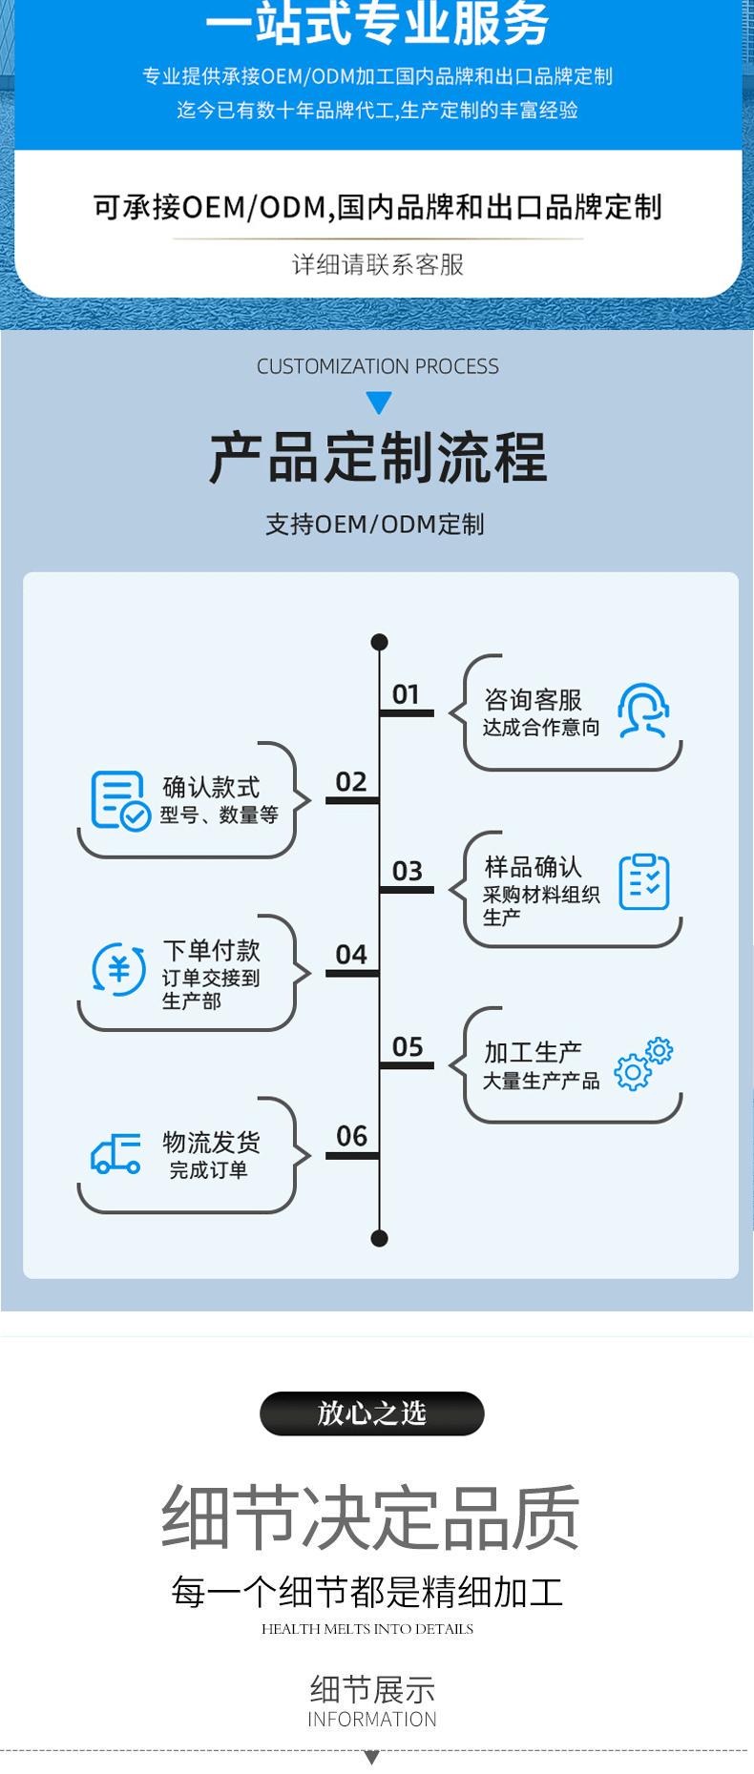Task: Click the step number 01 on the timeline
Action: tap(406, 694)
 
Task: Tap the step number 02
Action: tap(351, 782)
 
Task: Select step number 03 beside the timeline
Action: tap(407, 871)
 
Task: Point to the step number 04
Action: tap(351, 955)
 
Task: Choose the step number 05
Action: tap(407, 1047)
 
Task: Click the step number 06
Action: tap(351, 1136)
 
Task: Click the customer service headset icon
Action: tap(643, 711)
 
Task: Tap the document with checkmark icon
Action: tap(120, 801)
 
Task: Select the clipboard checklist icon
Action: tap(644, 882)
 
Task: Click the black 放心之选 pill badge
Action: tap(372, 1413)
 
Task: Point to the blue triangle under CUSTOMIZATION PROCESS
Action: tap(379, 402)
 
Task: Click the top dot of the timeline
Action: tap(379, 642)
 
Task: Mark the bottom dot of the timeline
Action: tap(379, 1238)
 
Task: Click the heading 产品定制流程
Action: tap(378, 458)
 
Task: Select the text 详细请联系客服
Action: tap(378, 264)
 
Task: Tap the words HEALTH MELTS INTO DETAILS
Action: tap(367, 1629)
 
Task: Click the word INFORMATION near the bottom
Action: tap(372, 1720)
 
